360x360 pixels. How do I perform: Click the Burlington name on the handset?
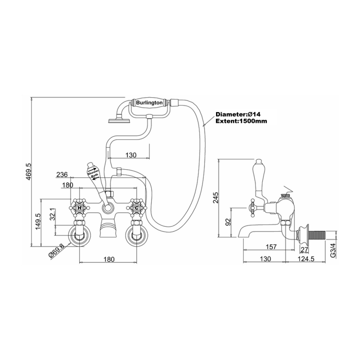pos(149,103)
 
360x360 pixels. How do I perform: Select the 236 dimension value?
pos(63,175)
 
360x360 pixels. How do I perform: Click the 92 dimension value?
pos(228,222)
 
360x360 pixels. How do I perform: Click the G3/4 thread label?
pos(333,249)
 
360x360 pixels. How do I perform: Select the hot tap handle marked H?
pos(80,208)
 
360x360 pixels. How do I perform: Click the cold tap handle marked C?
pos(135,208)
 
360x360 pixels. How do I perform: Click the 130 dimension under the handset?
pos(130,155)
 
